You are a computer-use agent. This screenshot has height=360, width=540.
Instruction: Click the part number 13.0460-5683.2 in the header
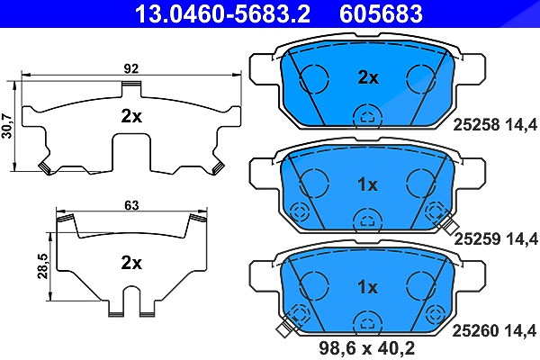223,13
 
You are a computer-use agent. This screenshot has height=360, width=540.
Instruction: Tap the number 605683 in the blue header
381,13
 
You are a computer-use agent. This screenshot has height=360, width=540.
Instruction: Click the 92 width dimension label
131,68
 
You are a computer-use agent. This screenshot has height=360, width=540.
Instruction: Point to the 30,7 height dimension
7,126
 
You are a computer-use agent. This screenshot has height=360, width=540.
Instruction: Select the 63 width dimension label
131,205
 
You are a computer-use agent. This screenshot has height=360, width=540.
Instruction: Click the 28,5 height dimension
43,266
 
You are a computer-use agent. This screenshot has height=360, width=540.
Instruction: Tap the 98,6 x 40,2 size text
367,348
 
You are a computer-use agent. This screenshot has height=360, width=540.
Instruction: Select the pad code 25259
477,238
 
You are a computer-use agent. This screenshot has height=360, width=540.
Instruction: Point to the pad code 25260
475,331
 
